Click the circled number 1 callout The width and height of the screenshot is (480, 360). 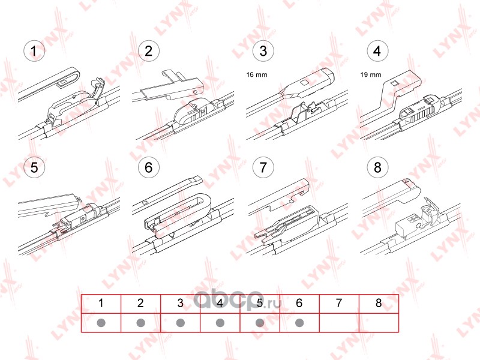point(34,51)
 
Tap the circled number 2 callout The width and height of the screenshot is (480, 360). point(148,51)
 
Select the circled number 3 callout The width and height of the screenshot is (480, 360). point(263,51)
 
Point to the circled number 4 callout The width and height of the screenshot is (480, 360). point(377,51)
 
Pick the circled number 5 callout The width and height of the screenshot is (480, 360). point(34,167)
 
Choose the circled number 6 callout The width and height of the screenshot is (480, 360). point(148,167)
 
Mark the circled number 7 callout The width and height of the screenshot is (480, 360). point(263,167)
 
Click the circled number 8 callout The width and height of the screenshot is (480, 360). point(377,167)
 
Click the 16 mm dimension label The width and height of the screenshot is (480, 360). point(257,74)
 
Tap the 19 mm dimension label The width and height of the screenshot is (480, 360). point(371,74)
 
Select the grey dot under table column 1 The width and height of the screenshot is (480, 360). point(101,323)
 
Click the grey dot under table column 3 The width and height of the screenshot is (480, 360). point(181,323)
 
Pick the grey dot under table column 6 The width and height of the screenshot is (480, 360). point(299,323)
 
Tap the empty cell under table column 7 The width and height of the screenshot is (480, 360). point(339,323)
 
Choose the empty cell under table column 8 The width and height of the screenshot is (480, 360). point(379,323)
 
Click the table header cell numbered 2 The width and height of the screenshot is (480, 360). point(140,304)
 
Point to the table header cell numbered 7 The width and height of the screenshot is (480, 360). point(339,304)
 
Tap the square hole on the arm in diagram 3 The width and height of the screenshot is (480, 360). point(304,83)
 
